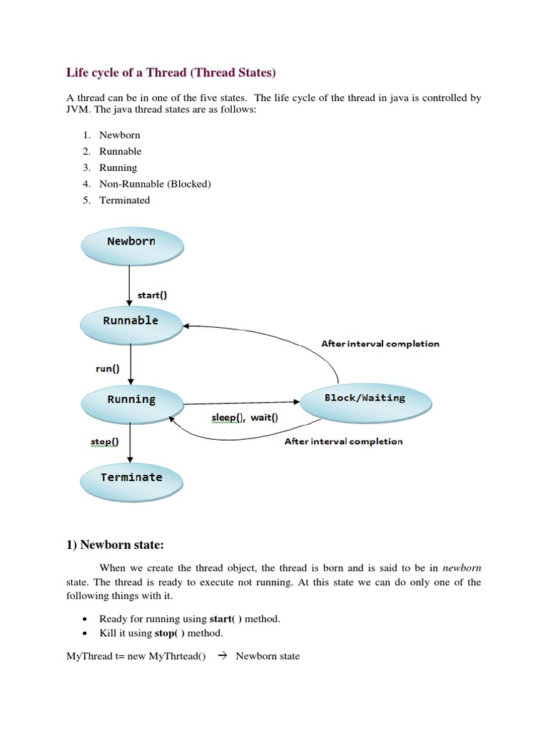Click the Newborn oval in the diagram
[x=131, y=242]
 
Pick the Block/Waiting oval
[x=365, y=399]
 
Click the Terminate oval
[x=131, y=478]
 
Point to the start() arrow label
[x=152, y=295]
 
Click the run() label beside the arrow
[x=107, y=369]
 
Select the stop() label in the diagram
[x=104, y=442]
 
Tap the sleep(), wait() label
[x=244, y=418]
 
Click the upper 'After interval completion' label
[x=380, y=344]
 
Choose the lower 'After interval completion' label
[x=343, y=441]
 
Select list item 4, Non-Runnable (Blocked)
[x=155, y=184]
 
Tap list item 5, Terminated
[x=124, y=200]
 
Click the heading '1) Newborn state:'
[x=115, y=545]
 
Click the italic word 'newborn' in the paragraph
[x=462, y=568]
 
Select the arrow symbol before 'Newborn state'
[x=220, y=656]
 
